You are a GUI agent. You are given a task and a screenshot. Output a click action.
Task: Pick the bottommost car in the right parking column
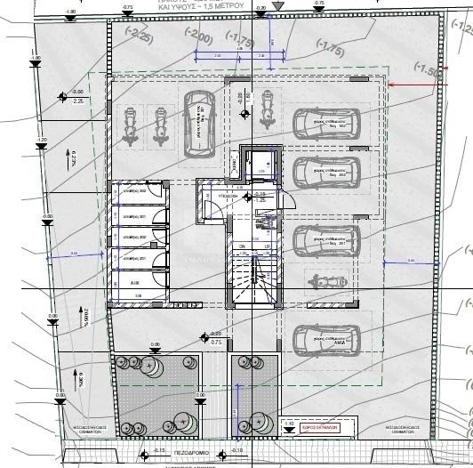325,339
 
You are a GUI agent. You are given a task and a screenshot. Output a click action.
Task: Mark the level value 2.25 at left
77,101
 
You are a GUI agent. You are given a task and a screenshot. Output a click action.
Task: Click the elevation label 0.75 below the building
216,340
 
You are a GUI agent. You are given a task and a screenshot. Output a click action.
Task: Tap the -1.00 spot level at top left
71,12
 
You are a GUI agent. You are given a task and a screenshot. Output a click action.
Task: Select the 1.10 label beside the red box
290,423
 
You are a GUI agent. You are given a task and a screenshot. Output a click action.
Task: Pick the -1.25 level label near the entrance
261,200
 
